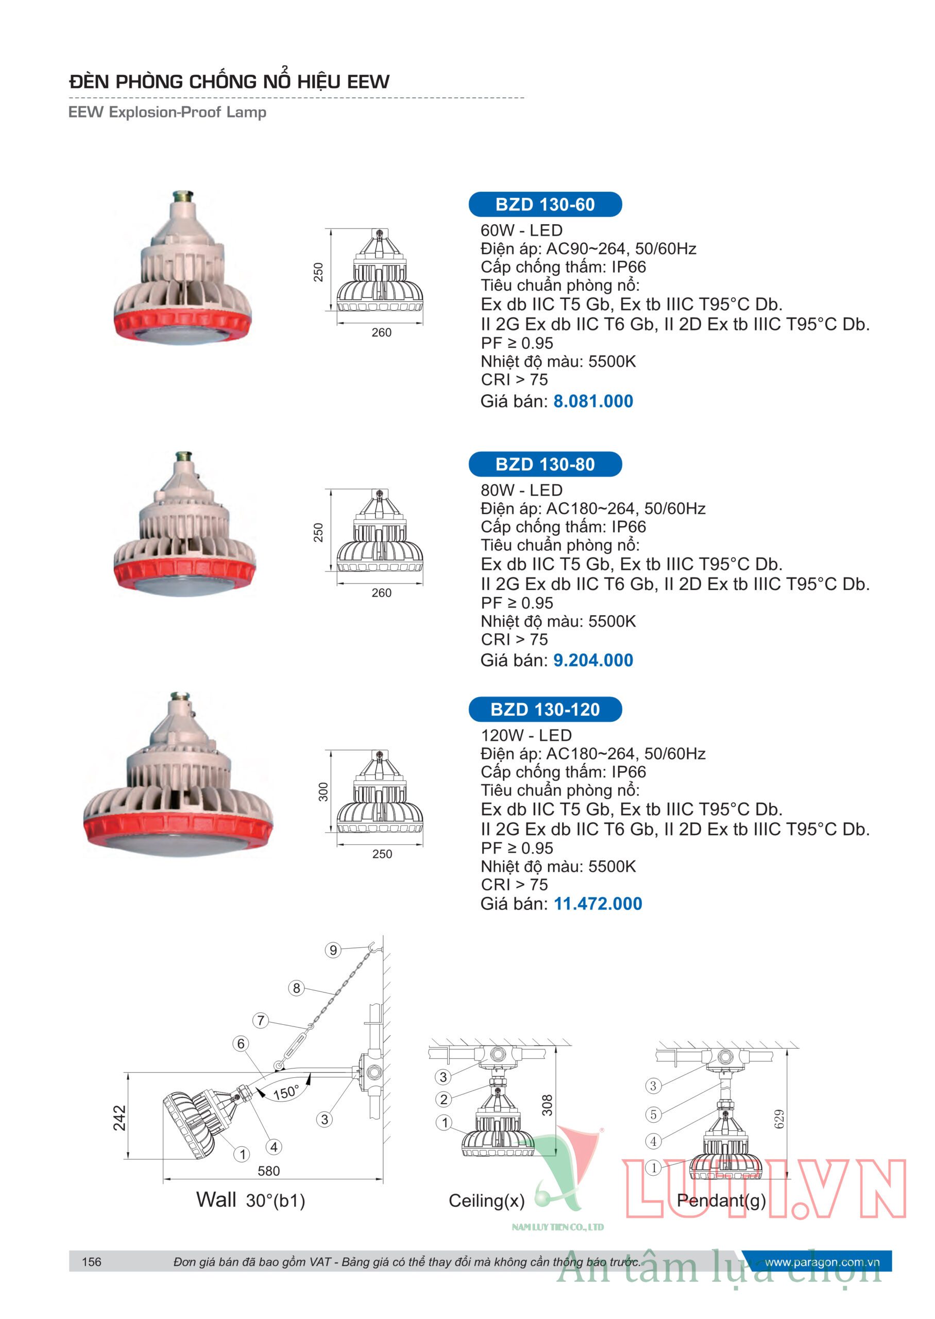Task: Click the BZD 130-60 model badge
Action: [x=545, y=205]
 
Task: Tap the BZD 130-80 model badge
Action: [x=545, y=464]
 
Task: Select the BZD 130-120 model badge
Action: [x=545, y=709]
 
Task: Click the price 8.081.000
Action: [x=593, y=401]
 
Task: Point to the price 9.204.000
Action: [x=593, y=661]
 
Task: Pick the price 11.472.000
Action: [x=598, y=904]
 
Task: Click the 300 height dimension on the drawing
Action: [x=324, y=791]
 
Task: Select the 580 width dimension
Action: [x=268, y=1171]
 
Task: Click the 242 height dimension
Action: [x=119, y=1118]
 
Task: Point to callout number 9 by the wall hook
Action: [x=333, y=950]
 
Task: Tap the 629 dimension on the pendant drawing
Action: [x=779, y=1119]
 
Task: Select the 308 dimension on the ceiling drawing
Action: [x=547, y=1105]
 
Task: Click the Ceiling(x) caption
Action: [x=486, y=1201]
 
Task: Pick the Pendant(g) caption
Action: [x=721, y=1201]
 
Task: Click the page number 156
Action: [x=92, y=1262]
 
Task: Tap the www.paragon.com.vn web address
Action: [x=822, y=1262]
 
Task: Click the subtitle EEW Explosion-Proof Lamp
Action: [x=167, y=112]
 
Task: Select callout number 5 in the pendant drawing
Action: [x=653, y=1114]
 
